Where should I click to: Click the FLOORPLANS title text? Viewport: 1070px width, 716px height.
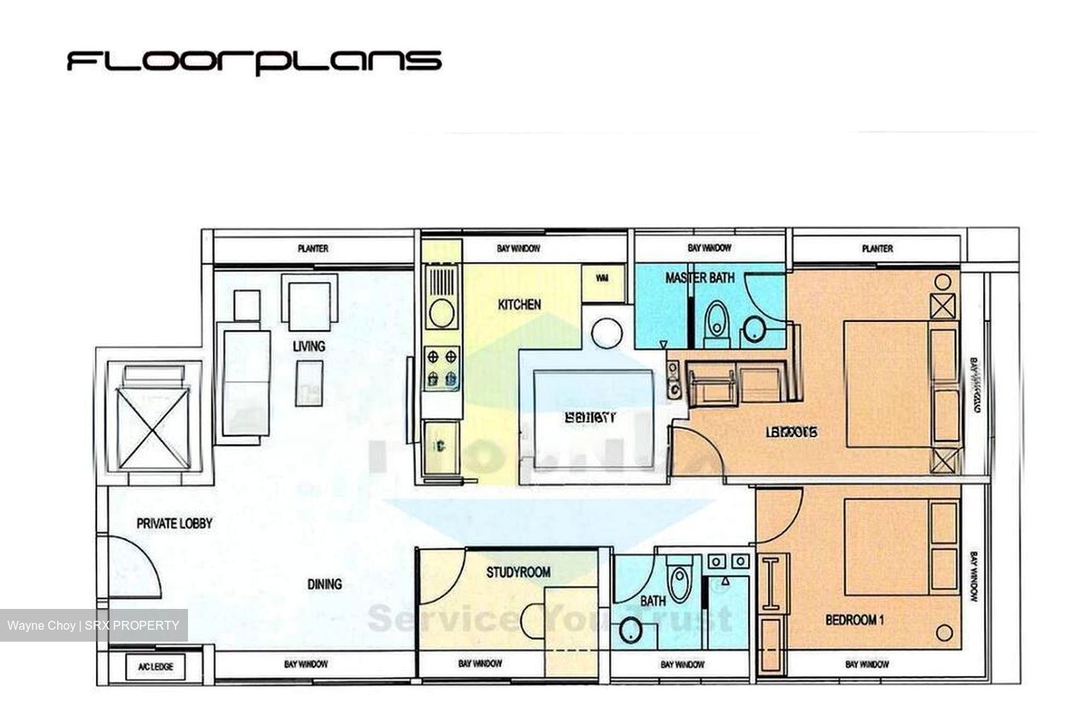pos(254,61)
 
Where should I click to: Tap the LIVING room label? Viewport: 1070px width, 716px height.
pos(308,346)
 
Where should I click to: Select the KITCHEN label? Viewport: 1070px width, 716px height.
pos(519,305)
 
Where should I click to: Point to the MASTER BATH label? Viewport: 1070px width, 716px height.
pos(699,278)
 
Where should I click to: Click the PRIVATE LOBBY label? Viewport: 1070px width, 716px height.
pos(174,523)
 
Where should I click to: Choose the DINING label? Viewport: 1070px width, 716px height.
pos(325,584)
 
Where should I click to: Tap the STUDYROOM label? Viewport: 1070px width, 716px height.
pos(518,573)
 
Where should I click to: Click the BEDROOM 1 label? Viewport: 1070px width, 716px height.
pos(854,619)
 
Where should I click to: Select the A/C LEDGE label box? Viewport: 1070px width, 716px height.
pos(155,666)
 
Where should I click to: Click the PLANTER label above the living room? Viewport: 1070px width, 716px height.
pos(313,248)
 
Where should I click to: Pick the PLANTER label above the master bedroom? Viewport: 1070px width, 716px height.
pos(877,248)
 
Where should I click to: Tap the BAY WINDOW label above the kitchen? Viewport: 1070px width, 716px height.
pos(518,248)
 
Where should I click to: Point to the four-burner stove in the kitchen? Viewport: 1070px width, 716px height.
pos(441,369)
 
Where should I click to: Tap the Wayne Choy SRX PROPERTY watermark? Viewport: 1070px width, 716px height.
pos(94,625)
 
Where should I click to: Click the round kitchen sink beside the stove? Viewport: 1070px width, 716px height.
pos(441,312)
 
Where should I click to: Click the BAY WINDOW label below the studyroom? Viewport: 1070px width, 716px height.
pos(479,664)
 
